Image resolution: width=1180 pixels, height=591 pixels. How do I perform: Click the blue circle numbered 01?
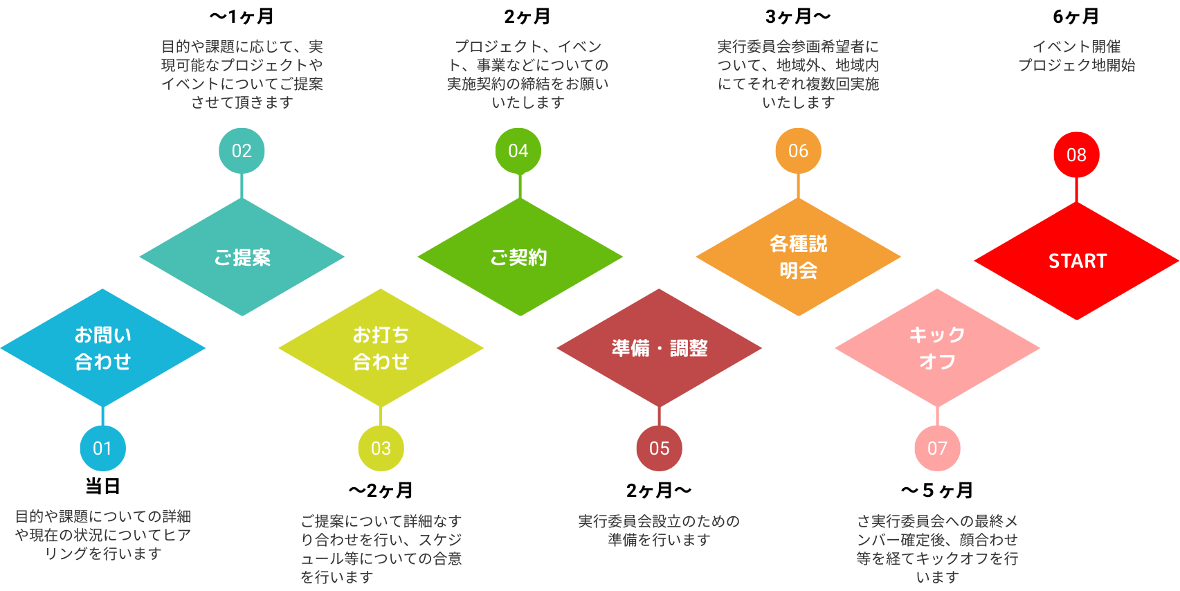[x=102, y=448]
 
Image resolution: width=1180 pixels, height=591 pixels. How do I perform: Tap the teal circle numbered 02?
[x=242, y=151]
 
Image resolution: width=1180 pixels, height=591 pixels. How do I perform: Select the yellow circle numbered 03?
[x=381, y=448]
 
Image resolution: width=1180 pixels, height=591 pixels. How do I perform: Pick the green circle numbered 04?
[x=518, y=151]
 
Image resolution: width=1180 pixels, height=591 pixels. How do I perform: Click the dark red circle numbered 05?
[x=659, y=448]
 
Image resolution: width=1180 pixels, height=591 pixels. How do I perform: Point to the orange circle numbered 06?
[x=798, y=151]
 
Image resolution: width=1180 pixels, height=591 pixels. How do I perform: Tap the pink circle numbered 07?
[x=937, y=448]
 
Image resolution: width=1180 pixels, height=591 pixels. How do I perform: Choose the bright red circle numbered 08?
[x=1076, y=155]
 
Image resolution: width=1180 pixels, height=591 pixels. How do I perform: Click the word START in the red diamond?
[x=1078, y=261]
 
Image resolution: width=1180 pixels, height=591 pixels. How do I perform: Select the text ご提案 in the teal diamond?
[x=242, y=257]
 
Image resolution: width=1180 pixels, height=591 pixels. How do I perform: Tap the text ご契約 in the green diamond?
[x=519, y=257]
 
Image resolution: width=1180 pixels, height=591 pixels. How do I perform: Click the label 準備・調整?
[x=660, y=348]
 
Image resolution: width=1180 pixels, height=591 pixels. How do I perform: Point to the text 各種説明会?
[x=799, y=257]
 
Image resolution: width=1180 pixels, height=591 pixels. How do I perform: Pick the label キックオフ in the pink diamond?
[x=937, y=348]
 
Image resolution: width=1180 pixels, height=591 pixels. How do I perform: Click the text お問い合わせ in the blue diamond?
[x=103, y=348]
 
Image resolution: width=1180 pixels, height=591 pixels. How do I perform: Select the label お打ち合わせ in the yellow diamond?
[x=381, y=348]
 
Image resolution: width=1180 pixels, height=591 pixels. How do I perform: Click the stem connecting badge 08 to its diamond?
[x=1076, y=190]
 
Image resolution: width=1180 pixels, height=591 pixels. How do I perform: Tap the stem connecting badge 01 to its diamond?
[x=102, y=416]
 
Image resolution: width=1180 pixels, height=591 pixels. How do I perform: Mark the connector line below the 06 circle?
[x=798, y=185]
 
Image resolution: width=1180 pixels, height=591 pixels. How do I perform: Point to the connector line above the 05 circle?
[x=659, y=416]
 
